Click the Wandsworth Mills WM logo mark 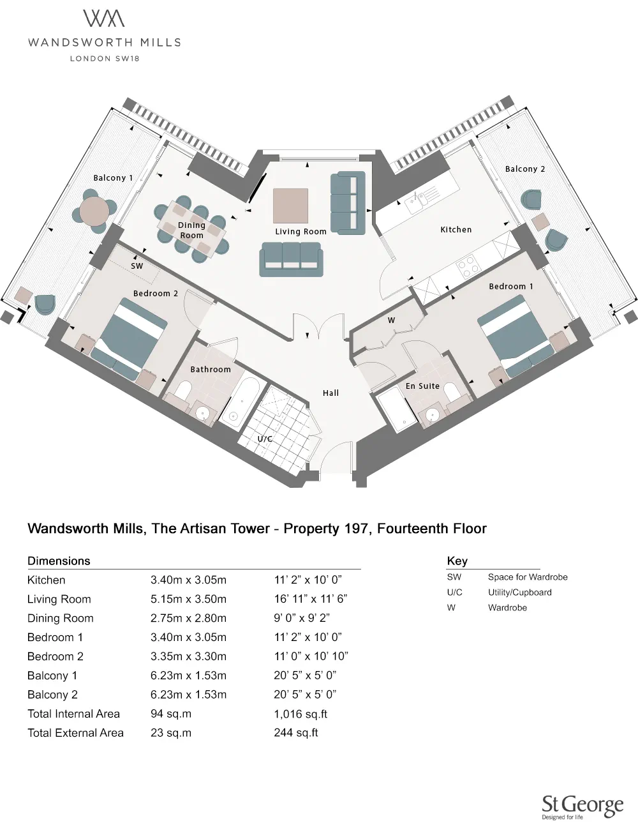[x=104, y=19]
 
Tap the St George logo [x=582, y=806]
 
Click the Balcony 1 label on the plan [x=113, y=178]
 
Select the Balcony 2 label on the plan [x=524, y=169]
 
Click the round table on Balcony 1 [x=94, y=210]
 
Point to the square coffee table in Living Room [x=290, y=205]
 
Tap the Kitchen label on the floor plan [x=456, y=230]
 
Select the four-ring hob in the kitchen [x=468, y=266]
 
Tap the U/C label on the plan [x=265, y=439]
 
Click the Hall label [x=330, y=393]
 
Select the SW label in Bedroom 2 [x=137, y=266]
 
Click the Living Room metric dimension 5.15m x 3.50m [x=188, y=599]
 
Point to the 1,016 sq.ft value [x=300, y=714]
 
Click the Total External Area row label [x=75, y=733]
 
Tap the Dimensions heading [x=59, y=561]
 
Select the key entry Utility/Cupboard [x=519, y=592]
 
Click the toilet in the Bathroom [x=183, y=391]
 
